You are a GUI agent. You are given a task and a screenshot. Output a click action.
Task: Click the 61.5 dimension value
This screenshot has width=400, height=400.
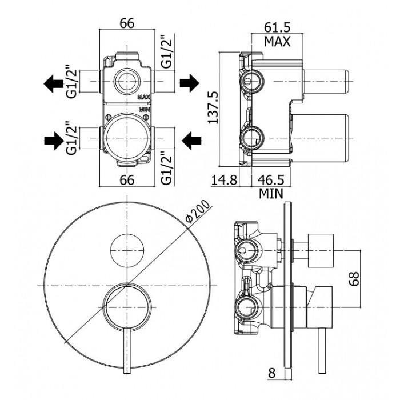click(x=277, y=26)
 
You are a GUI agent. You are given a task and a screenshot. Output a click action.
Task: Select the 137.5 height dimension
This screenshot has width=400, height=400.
click(x=213, y=109)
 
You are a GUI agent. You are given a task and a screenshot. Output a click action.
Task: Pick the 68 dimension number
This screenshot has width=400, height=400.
click(x=355, y=279)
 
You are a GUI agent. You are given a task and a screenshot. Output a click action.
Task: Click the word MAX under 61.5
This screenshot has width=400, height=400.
click(x=277, y=41)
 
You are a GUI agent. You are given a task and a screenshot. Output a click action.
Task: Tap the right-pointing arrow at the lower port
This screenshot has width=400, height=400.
click(x=55, y=139)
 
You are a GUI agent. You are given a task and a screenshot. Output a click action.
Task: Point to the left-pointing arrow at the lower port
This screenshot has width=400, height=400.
click(x=191, y=139)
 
